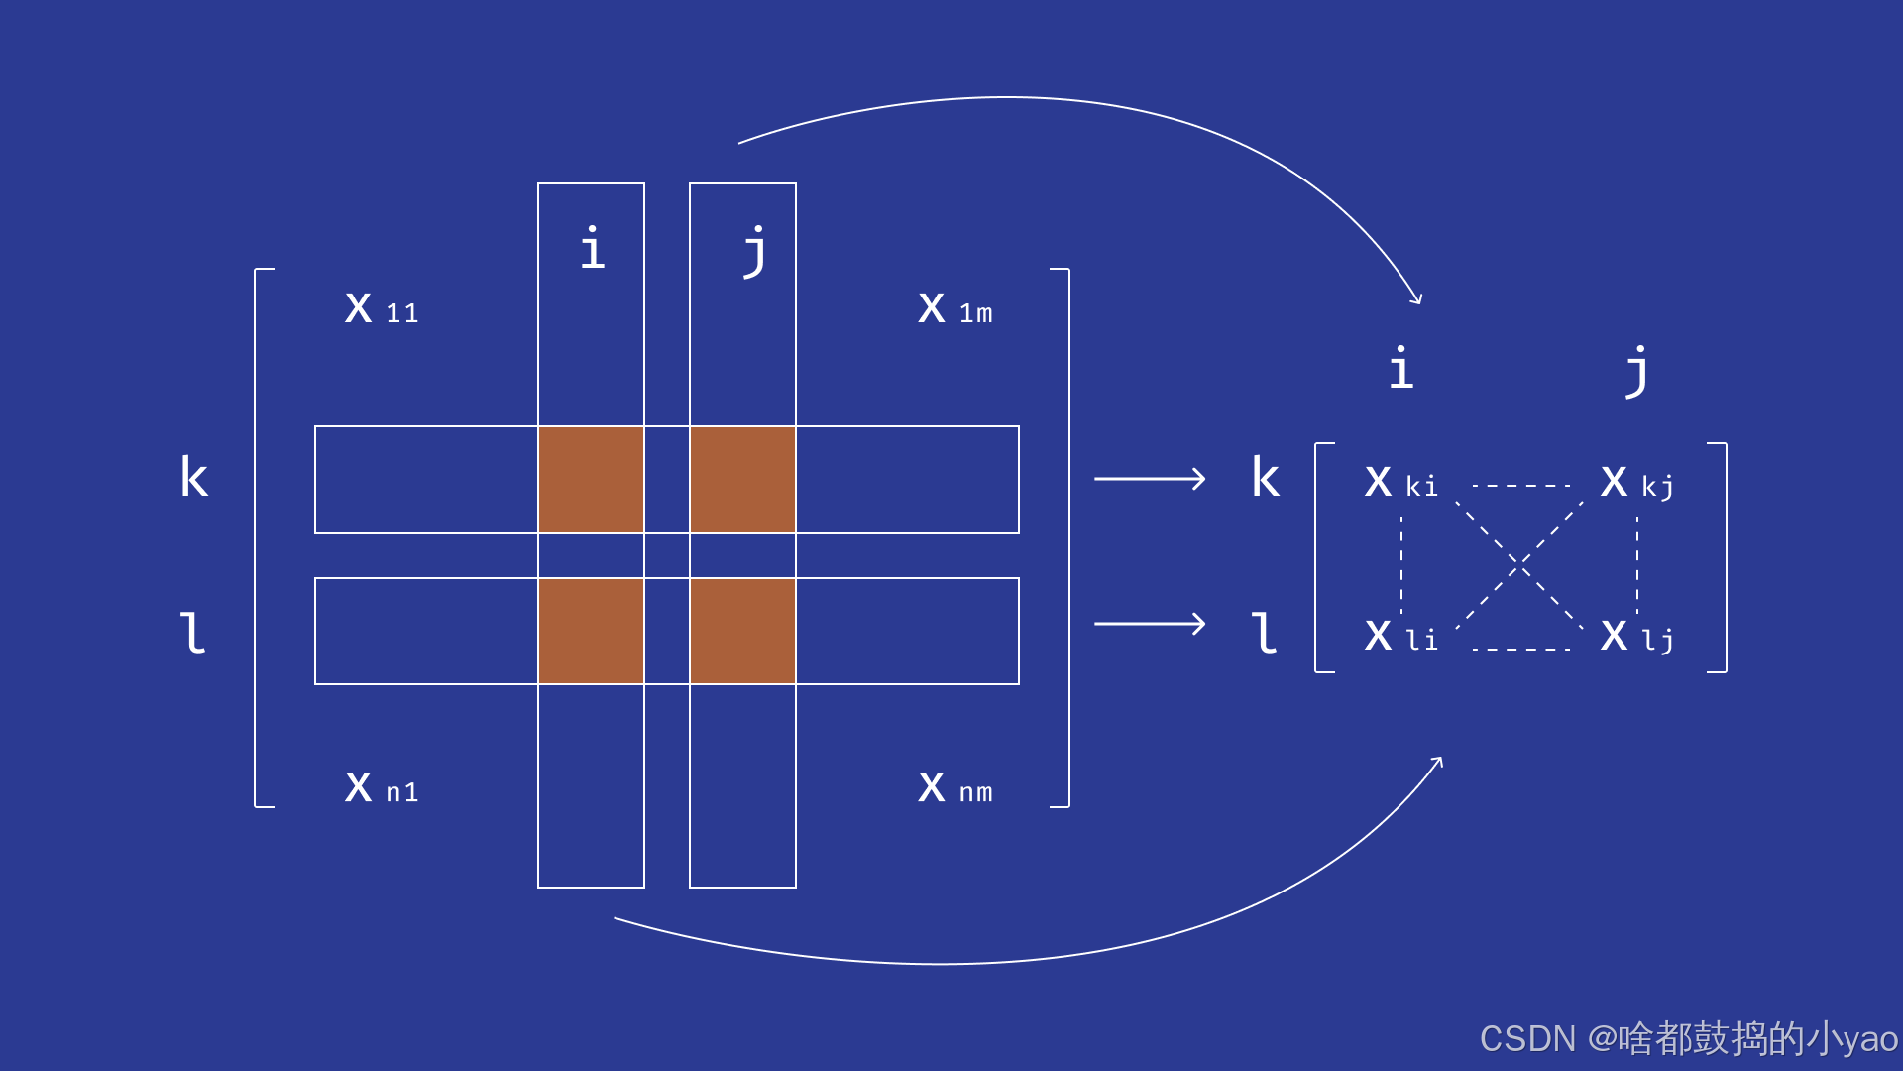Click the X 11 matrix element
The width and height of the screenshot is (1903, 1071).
(382, 308)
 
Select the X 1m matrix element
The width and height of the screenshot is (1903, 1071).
(954, 308)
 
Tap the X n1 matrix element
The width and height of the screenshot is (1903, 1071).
(382, 787)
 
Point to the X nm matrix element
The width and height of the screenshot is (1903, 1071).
(954, 787)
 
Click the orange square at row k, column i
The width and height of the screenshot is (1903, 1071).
(591, 479)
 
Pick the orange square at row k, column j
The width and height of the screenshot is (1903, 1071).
(742, 479)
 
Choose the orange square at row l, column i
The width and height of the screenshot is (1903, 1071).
(591, 631)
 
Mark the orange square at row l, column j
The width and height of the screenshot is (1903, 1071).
(742, 631)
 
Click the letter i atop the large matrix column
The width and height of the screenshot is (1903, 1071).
(592, 248)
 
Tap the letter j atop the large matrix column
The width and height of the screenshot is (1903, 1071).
(755, 250)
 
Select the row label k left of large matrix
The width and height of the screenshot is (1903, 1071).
(193, 477)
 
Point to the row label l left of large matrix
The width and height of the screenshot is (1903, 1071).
(192, 633)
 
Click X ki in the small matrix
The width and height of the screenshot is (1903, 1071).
(1399, 482)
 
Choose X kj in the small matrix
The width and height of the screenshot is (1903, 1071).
(1636, 482)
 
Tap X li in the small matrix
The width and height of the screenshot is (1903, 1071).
(1399, 636)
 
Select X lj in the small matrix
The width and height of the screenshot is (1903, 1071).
(1636, 636)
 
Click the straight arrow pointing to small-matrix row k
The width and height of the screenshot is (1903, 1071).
(1150, 479)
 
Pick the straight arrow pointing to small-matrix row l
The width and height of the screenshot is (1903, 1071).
(1150, 624)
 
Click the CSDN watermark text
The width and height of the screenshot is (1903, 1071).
(1688, 1038)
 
